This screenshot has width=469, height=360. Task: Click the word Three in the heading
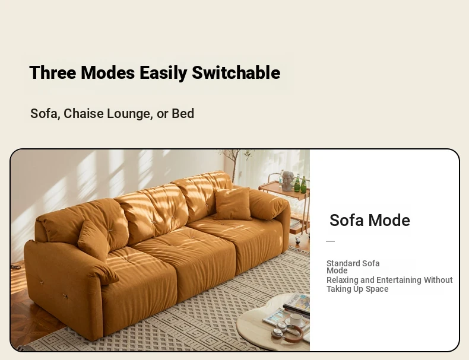[x=53, y=72]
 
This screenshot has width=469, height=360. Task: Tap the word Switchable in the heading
[x=236, y=72]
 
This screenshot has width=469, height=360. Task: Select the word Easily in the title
[x=163, y=73]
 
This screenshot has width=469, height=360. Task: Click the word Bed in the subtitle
[x=183, y=113]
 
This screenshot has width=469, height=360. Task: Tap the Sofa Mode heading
[x=370, y=221]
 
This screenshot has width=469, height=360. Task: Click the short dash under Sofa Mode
[x=330, y=241]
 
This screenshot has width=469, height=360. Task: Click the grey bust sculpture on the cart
[x=288, y=181]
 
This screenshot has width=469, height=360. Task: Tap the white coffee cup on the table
[x=296, y=320]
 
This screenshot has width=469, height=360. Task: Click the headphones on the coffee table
[x=287, y=332]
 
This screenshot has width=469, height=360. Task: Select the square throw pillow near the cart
[x=232, y=203]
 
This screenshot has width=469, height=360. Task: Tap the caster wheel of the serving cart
[x=298, y=237]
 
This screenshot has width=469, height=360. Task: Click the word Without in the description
[x=438, y=281]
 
